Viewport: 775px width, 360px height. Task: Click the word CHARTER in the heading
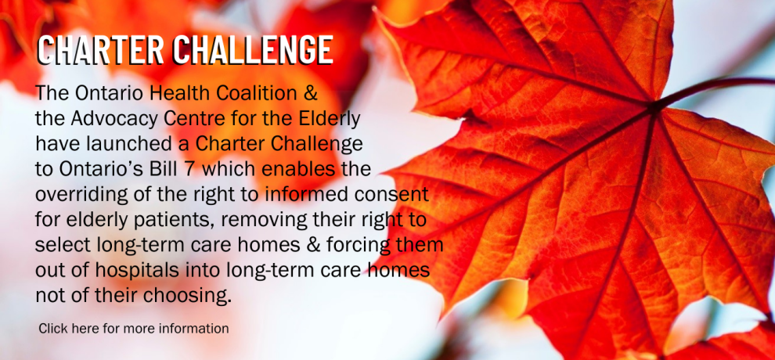click(101, 50)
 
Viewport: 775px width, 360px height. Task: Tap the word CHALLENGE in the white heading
click(253, 50)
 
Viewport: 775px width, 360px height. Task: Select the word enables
click(298, 169)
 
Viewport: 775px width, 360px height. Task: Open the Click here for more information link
click(133, 329)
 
